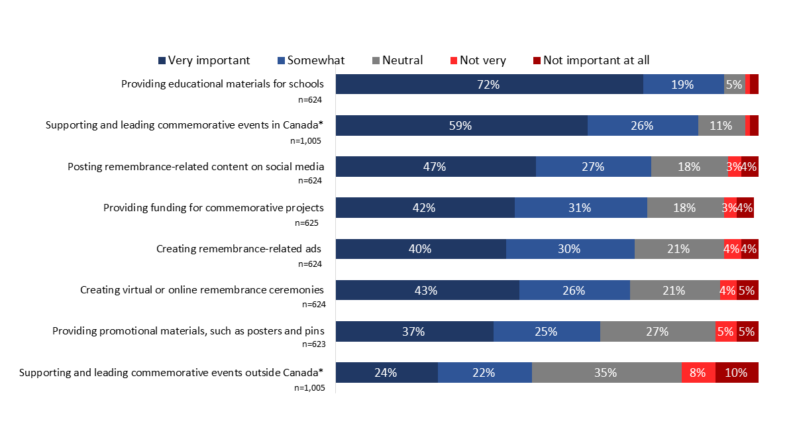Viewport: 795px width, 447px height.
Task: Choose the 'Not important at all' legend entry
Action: (x=591, y=60)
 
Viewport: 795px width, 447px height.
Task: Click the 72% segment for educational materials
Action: (x=490, y=84)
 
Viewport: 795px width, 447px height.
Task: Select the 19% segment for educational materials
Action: (x=683, y=84)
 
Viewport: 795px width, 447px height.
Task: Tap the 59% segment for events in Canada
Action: (x=461, y=125)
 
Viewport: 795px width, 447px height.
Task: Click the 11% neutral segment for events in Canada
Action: (x=721, y=125)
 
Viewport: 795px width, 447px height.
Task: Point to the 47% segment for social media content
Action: (x=435, y=167)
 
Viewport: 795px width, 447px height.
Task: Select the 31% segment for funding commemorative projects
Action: (x=580, y=208)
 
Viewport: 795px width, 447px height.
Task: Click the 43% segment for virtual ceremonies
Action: (x=427, y=290)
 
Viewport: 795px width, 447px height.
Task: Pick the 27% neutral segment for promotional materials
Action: (x=657, y=331)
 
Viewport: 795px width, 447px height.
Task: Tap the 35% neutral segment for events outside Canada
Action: (x=606, y=372)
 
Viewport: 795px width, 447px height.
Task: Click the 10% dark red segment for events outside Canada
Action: (x=737, y=372)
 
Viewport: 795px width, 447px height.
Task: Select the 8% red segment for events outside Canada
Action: (x=698, y=372)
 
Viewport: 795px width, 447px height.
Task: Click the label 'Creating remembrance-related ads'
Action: (x=239, y=249)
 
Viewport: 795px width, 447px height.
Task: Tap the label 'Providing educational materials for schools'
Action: (x=222, y=84)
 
